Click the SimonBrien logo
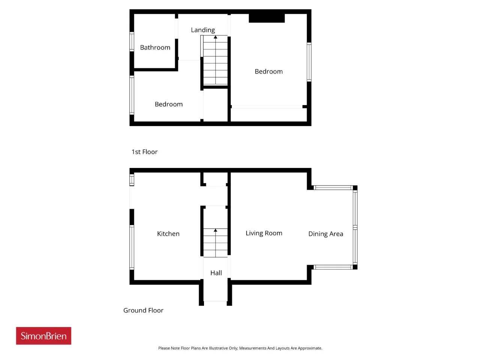(43, 336)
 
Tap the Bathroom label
(155, 47)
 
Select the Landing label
(203, 30)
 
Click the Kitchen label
(168, 234)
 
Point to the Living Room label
(264, 233)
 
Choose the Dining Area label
(325, 234)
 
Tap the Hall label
(216, 273)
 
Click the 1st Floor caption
(144, 152)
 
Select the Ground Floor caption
(143, 310)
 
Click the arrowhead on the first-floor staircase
(215, 37)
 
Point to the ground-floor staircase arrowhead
(215, 230)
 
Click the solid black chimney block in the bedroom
(267, 18)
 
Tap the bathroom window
(132, 42)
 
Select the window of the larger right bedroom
(309, 62)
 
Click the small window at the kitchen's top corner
(132, 180)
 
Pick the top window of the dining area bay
(333, 187)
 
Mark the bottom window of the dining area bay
(333, 267)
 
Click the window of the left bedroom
(132, 95)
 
